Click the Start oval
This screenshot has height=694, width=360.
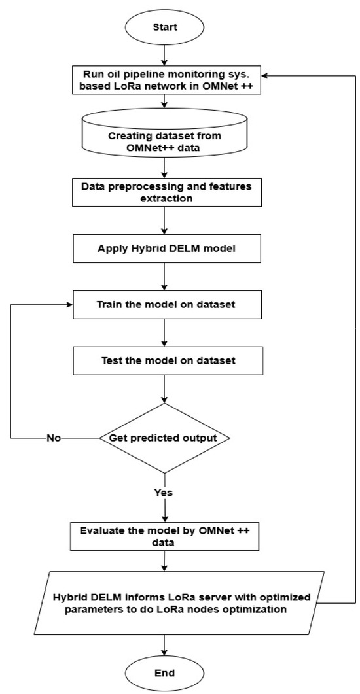[x=164, y=28]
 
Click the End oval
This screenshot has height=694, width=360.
[x=164, y=672]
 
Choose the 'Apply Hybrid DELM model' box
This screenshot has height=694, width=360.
[x=164, y=249]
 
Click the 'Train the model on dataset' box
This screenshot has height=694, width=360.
[x=164, y=305]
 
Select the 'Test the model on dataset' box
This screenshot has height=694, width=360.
[x=164, y=360]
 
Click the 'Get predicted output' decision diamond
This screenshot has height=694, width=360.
[x=164, y=437]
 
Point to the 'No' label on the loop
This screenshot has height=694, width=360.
[x=54, y=438]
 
